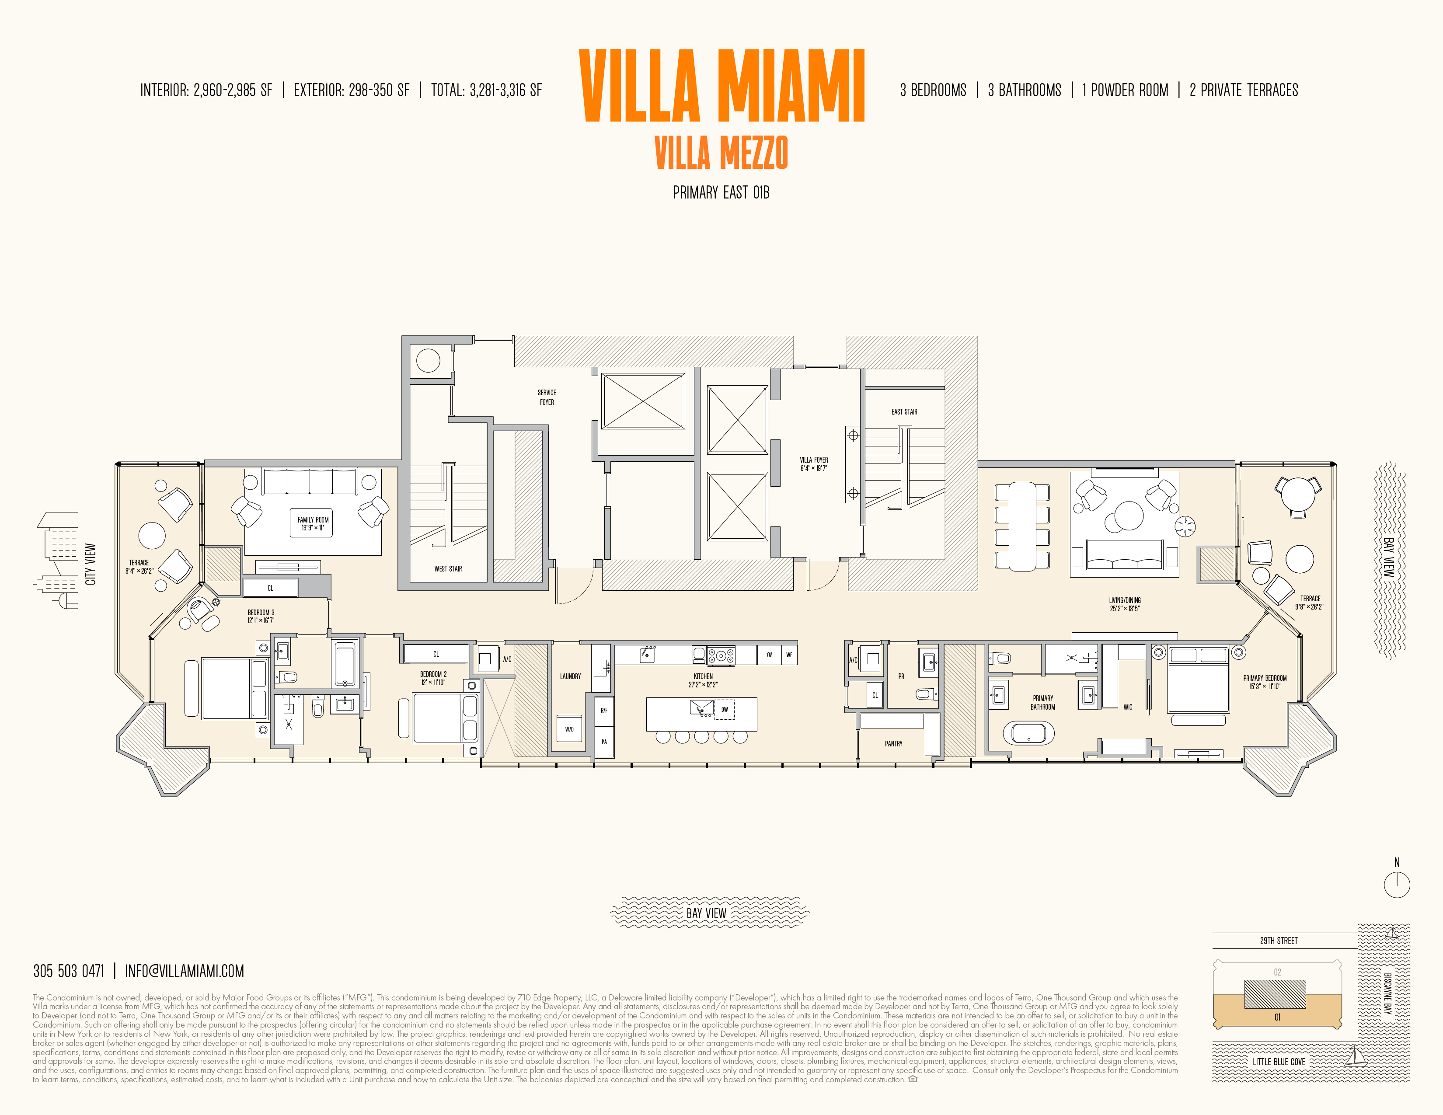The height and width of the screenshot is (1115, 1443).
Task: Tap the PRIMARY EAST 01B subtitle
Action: (x=721, y=192)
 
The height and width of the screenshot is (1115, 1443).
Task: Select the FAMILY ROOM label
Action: (x=313, y=523)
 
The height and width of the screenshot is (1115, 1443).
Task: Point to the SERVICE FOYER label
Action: (x=547, y=397)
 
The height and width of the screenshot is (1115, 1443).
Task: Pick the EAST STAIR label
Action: (x=904, y=411)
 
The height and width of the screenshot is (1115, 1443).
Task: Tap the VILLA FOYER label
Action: (x=813, y=463)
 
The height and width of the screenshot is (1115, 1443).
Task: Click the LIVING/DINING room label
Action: (x=1125, y=604)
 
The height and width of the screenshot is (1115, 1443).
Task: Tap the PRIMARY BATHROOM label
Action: (x=1042, y=702)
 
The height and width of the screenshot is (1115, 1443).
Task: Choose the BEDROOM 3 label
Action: (x=261, y=616)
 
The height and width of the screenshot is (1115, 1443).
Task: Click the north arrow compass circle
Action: (x=1397, y=885)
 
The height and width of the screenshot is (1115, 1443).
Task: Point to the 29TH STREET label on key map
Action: (x=1279, y=941)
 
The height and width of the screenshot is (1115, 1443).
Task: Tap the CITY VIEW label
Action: (x=91, y=564)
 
